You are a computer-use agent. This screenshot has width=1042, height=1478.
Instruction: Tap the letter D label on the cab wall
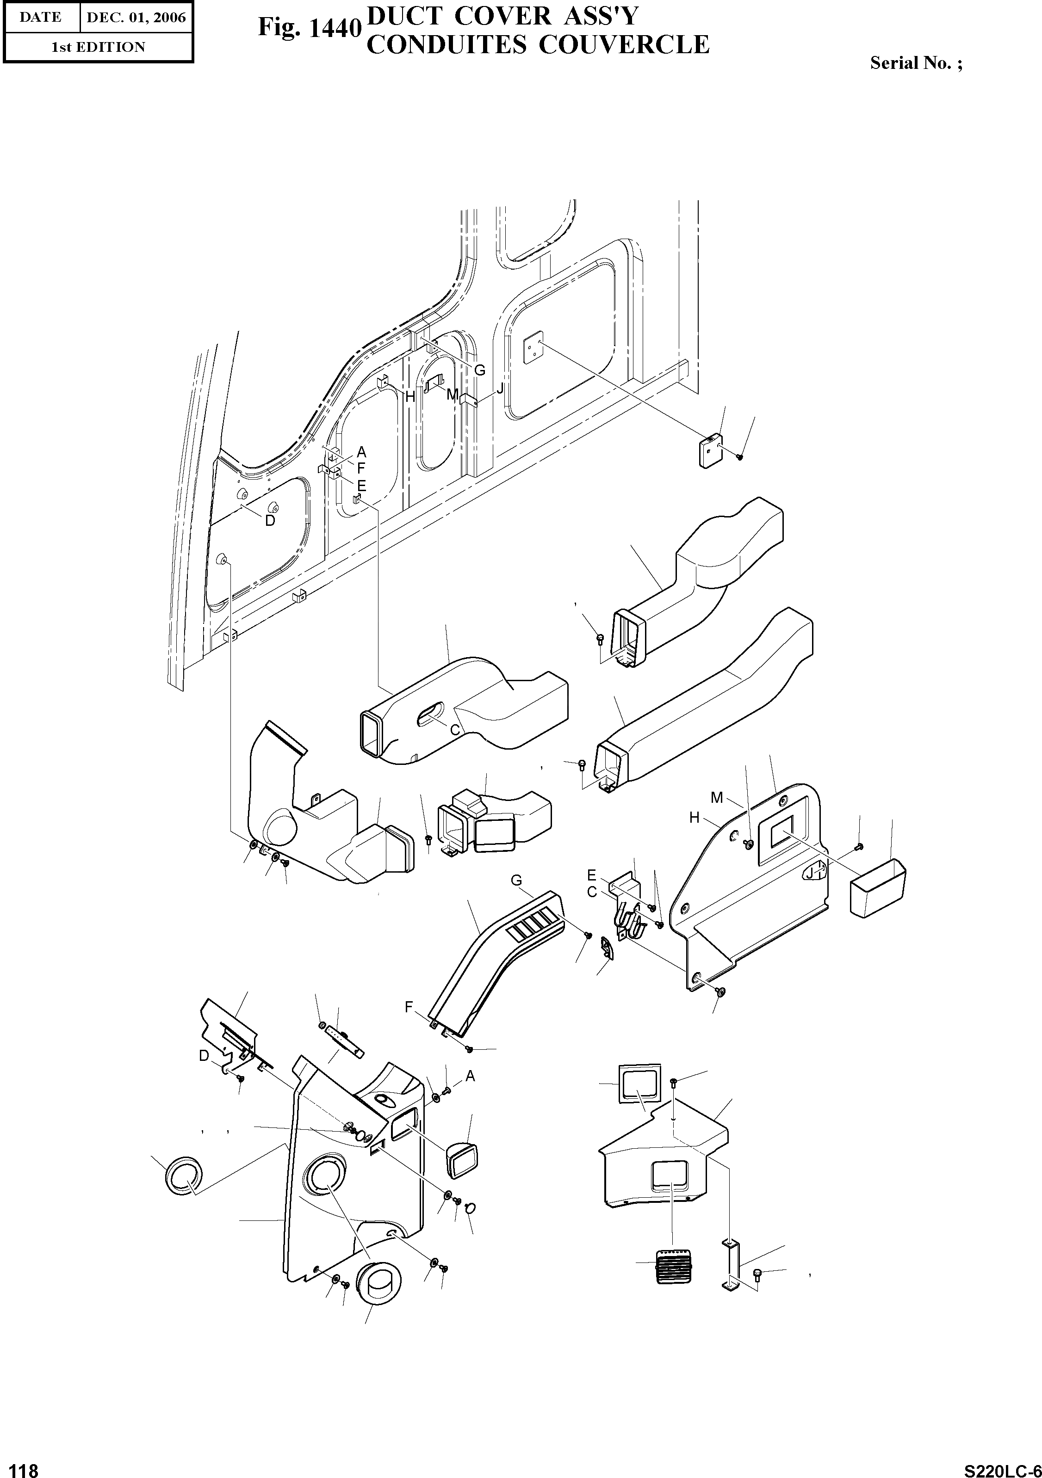(270, 521)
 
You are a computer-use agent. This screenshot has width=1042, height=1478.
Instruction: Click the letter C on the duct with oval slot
(455, 730)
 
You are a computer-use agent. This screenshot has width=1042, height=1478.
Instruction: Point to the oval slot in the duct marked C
(429, 714)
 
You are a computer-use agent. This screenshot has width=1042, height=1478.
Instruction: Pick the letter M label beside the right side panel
(717, 798)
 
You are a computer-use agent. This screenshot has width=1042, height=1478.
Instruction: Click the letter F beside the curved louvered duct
(408, 1007)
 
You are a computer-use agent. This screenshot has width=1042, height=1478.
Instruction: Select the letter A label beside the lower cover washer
(470, 1076)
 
